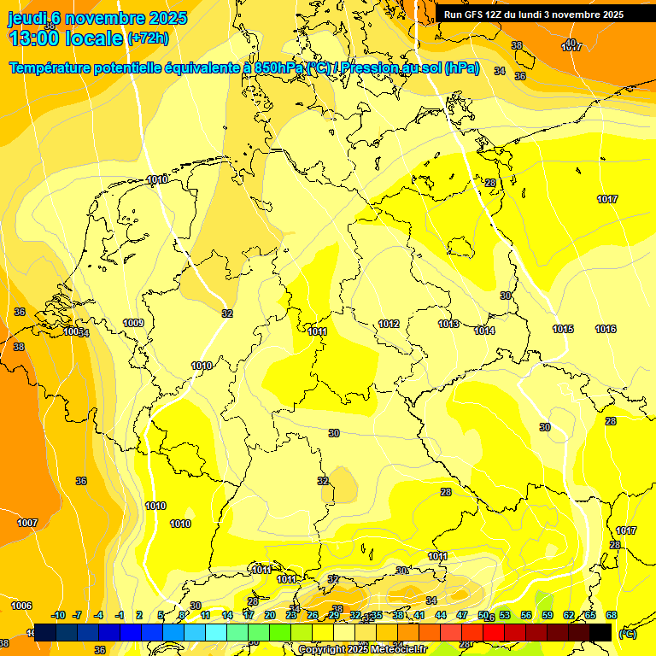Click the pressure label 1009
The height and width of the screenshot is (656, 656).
(132, 323)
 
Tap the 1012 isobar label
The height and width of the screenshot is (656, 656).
(389, 324)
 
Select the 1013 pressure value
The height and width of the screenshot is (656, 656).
(449, 324)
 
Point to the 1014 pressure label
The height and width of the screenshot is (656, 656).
(484, 331)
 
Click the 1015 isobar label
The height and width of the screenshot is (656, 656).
(563, 329)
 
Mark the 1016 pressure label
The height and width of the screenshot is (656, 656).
(606, 329)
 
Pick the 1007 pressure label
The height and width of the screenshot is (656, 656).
(27, 523)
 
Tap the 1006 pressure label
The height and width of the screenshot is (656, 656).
(21, 606)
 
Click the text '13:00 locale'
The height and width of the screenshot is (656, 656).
(66, 38)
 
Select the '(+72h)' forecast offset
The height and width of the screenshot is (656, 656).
(148, 38)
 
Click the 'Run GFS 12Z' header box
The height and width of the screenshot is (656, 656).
(534, 15)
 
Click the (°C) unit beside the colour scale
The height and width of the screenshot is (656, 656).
(627, 634)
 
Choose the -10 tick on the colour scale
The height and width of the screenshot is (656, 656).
(59, 615)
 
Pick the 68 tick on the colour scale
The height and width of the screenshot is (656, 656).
(611, 615)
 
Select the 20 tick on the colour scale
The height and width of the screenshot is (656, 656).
(270, 615)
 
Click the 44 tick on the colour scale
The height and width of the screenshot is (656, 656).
(441, 615)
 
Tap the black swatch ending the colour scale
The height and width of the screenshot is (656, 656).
(600, 632)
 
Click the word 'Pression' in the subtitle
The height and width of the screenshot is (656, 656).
(370, 68)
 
